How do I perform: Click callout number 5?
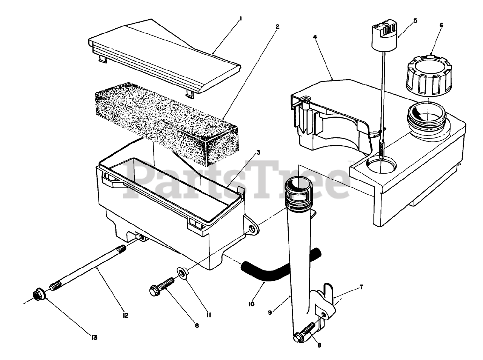[415, 20]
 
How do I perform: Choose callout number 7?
[361, 287]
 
